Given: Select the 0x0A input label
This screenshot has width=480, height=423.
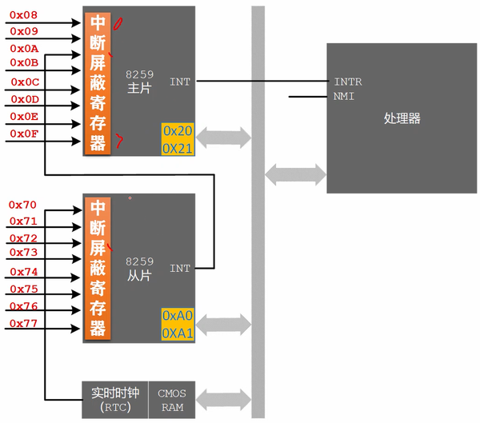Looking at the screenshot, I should click(x=25, y=49).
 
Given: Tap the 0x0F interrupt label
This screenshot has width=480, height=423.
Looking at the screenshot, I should click(x=25, y=133).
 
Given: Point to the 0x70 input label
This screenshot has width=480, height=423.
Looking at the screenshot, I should click(x=23, y=205).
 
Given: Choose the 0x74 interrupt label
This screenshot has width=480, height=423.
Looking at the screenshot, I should click(x=23, y=272).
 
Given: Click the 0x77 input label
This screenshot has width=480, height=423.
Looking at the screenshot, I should click(x=23, y=323).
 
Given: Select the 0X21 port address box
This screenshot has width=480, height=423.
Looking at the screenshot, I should click(x=178, y=148).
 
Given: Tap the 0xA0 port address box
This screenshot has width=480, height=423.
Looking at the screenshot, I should click(x=178, y=316).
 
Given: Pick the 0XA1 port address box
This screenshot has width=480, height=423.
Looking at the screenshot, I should click(x=178, y=333).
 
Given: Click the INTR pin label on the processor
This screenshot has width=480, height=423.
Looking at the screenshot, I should click(x=347, y=82).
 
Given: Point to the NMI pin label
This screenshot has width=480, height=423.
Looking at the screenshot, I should click(x=344, y=97).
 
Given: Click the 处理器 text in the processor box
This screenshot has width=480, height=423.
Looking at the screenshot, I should click(x=402, y=119).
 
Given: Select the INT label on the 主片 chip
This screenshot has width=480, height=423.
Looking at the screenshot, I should click(x=180, y=82).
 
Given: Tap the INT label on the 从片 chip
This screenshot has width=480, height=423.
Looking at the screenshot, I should click(x=180, y=269).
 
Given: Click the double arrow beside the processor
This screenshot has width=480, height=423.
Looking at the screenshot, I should click(x=295, y=173).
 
